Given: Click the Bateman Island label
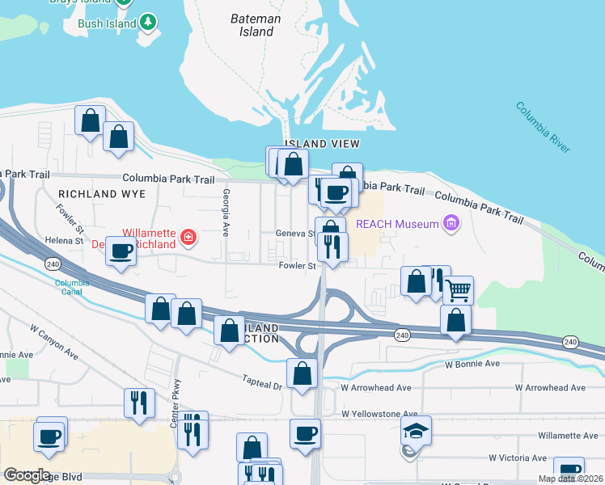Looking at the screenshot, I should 255,25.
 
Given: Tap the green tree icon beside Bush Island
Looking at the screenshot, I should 148,23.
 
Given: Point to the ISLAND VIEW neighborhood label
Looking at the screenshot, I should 322,144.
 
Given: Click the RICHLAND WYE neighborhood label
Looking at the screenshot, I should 102,194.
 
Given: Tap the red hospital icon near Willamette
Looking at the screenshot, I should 188,237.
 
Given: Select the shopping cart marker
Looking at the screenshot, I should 458,289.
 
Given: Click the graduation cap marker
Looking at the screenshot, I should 416,429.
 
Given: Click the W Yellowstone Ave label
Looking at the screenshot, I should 379,413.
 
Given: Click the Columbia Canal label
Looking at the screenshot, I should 70,287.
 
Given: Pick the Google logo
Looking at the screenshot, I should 27,475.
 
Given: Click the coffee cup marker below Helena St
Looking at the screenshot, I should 121,251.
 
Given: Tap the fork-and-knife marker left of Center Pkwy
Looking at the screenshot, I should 139,401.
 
